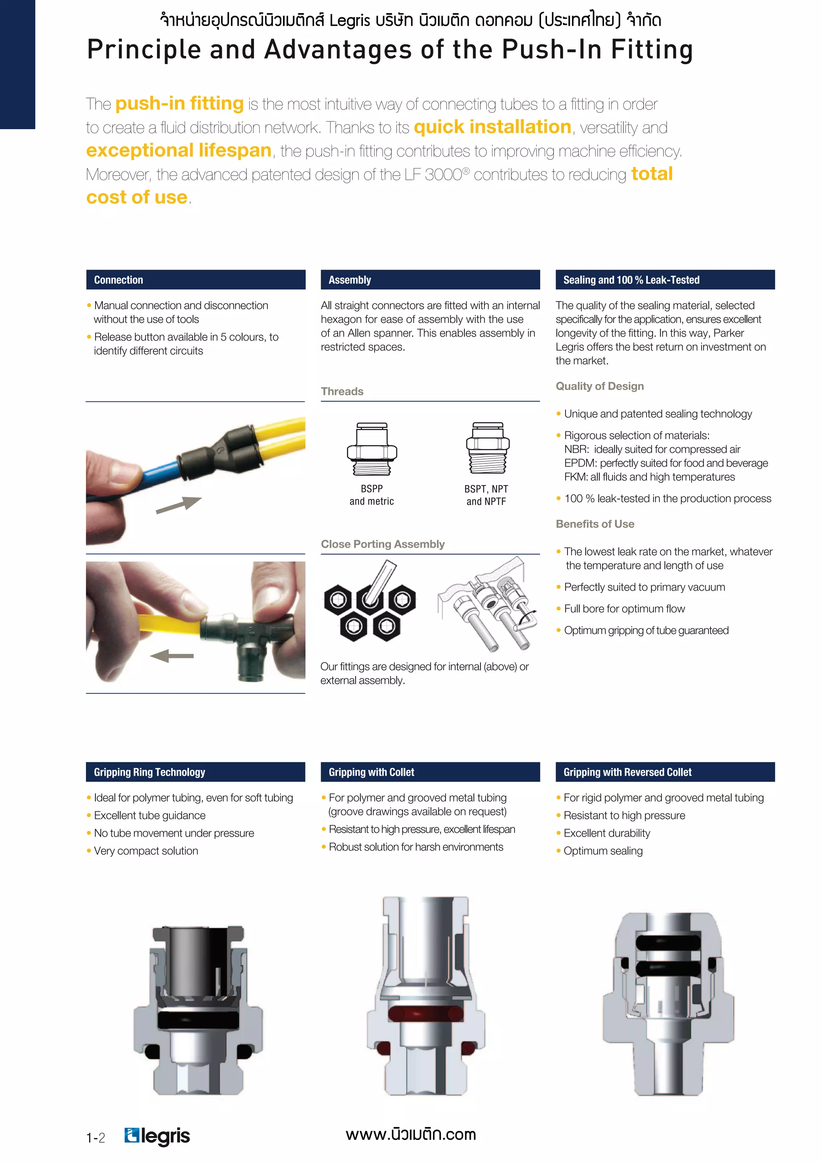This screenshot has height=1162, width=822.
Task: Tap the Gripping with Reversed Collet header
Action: (x=665, y=772)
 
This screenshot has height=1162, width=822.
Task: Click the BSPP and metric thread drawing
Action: (x=372, y=449)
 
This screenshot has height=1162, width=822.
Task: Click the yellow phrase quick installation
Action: (x=492, y=127)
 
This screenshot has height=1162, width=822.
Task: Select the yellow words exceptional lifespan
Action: (x=179, y=150)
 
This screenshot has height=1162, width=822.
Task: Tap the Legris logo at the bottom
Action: (x=157, y=1136)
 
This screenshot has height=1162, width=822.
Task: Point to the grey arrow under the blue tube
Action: (x=179, y=505)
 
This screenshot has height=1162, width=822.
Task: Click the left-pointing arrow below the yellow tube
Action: (x=172, y=656)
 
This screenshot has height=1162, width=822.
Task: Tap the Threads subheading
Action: (x=342, y=391)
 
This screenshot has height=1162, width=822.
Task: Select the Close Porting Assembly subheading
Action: (x=383, y=544)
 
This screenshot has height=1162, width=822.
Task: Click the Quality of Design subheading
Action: (x=600, y=386)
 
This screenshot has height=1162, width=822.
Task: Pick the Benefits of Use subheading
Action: (x=595, y=524)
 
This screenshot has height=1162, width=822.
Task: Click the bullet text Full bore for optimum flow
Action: (x=624, y=609)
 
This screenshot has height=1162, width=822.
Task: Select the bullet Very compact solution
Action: (x=146, y=851)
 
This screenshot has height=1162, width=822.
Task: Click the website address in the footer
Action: (x=411, y=1134)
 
